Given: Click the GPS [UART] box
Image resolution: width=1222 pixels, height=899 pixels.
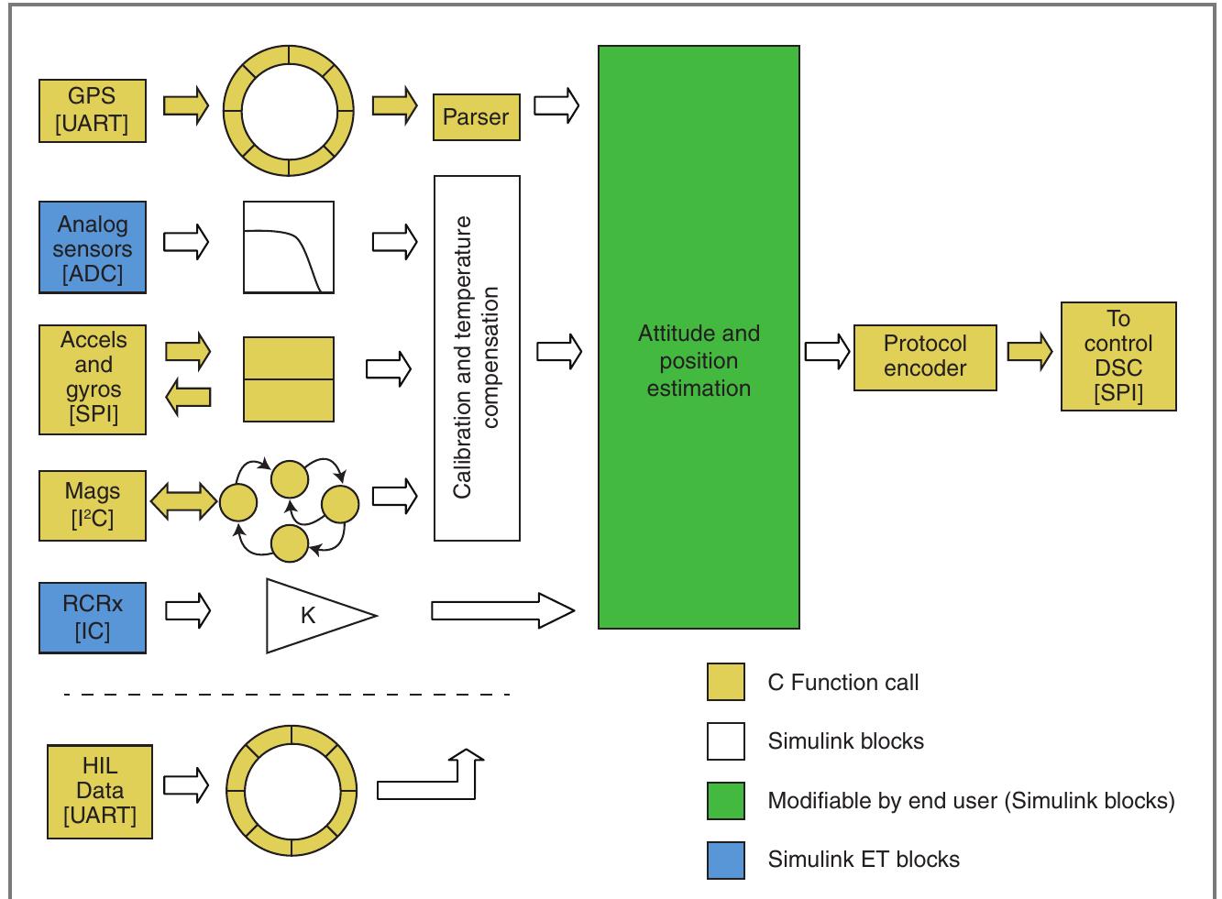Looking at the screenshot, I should point(93,111).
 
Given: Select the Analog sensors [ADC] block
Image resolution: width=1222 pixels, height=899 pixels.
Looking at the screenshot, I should point(93,248).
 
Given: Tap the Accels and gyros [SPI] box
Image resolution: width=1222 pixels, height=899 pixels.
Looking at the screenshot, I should point(93,378).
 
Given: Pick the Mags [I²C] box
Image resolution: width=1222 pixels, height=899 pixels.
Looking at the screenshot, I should point(93,505).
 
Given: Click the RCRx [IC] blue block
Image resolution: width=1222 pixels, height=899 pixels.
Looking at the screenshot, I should point(93,617).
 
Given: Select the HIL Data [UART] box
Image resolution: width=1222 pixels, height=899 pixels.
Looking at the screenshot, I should point(100,792).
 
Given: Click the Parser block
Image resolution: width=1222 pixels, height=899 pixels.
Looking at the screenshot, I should point(476,117).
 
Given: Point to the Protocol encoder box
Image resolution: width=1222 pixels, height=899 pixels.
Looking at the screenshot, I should point(925,356).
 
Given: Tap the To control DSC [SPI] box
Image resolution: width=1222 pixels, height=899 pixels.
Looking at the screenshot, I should point(1117,356).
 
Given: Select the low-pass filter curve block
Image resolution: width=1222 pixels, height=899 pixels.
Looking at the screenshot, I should point(288,248).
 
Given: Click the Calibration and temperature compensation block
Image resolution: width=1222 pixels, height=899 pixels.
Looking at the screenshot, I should point(477,357).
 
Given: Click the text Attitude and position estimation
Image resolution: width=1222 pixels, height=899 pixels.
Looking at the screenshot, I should point(699,360).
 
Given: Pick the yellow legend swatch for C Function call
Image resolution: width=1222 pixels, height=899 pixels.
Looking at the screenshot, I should point(725,683).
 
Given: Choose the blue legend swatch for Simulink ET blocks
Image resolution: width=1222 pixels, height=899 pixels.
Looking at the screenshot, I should point(725,861).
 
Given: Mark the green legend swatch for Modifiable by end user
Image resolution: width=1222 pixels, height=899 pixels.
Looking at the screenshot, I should point(725,801).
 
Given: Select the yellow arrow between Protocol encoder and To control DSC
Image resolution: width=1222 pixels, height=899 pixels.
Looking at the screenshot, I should point(1029,353).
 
